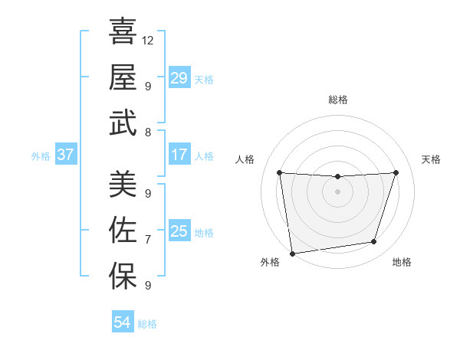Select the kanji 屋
[123, 77]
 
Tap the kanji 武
[123, 123]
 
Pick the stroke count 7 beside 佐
[148, 240]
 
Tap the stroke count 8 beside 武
[148, 133]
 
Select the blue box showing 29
[179, 78]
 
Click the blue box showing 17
[179, 155]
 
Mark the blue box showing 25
[179, 231]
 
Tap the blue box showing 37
[66, 155]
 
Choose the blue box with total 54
[123, 322]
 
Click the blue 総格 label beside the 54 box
[147, 324]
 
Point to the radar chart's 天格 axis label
[432, 159]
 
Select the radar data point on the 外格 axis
[292, 253]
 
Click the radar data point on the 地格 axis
[374, 242]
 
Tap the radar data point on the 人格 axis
[279, 172]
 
